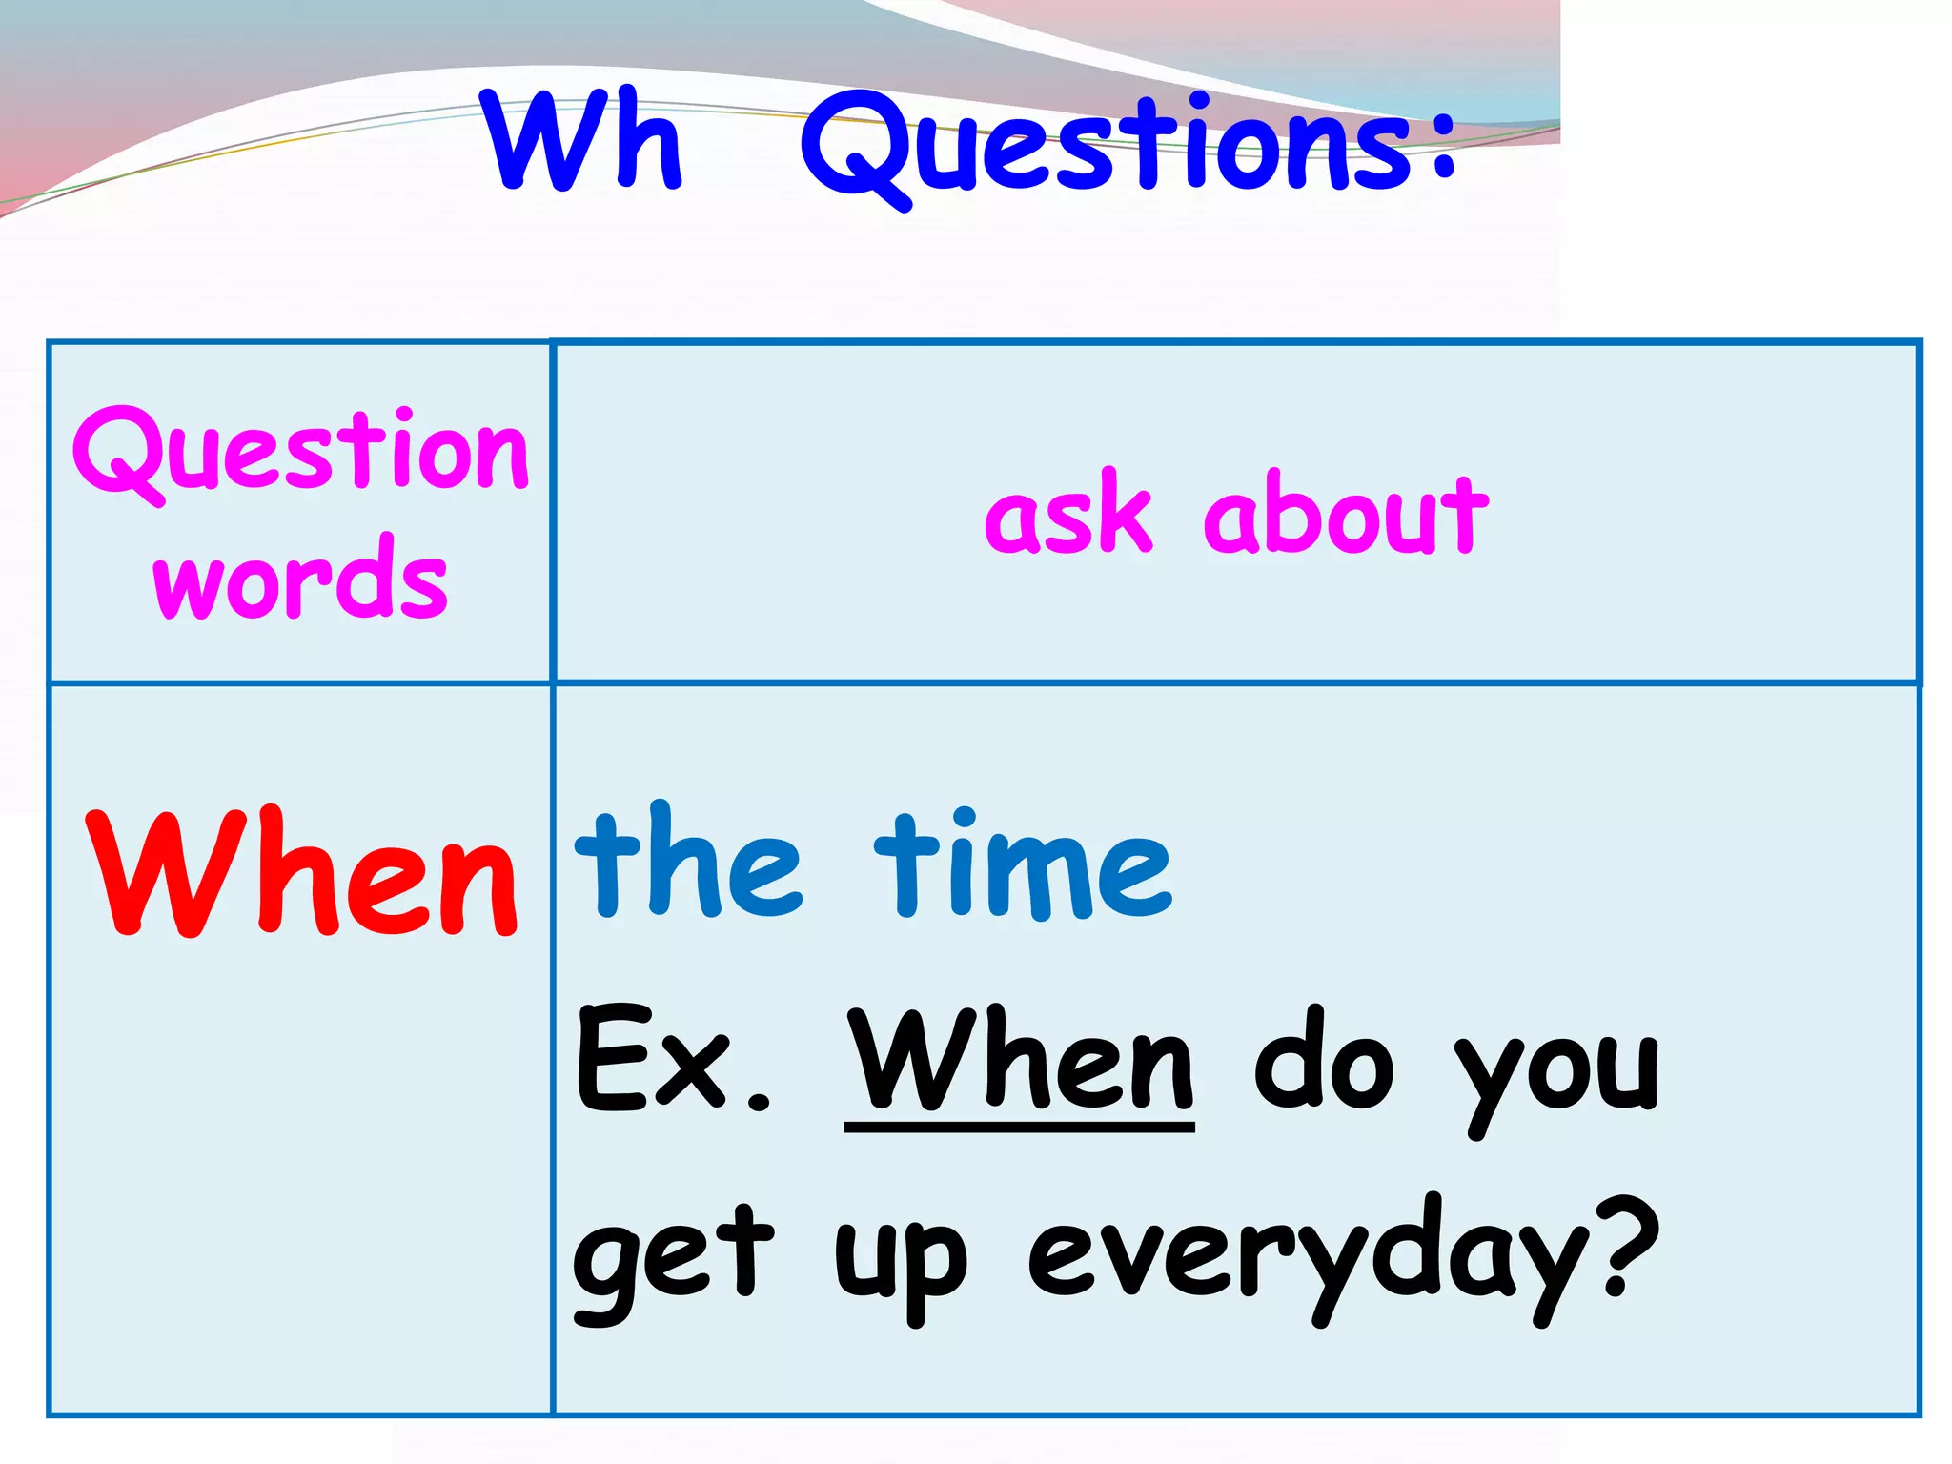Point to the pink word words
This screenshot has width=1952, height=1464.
pyautogui.click(x=300, y=579)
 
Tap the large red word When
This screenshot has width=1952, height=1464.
pyautogui.click(x=303, y=872)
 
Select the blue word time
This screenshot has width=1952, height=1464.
pyautogui.click(x=1022, y=865)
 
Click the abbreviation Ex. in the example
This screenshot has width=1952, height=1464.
pyautogui.click(x=672, y=1060)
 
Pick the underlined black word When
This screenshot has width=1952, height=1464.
pyautogui.click(x=1020, y=1060)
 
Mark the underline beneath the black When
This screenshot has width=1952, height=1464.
pyautogui.click(x=1020, y=1128)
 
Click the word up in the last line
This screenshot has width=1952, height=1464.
pyautogui.click(x=901, y=1263)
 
